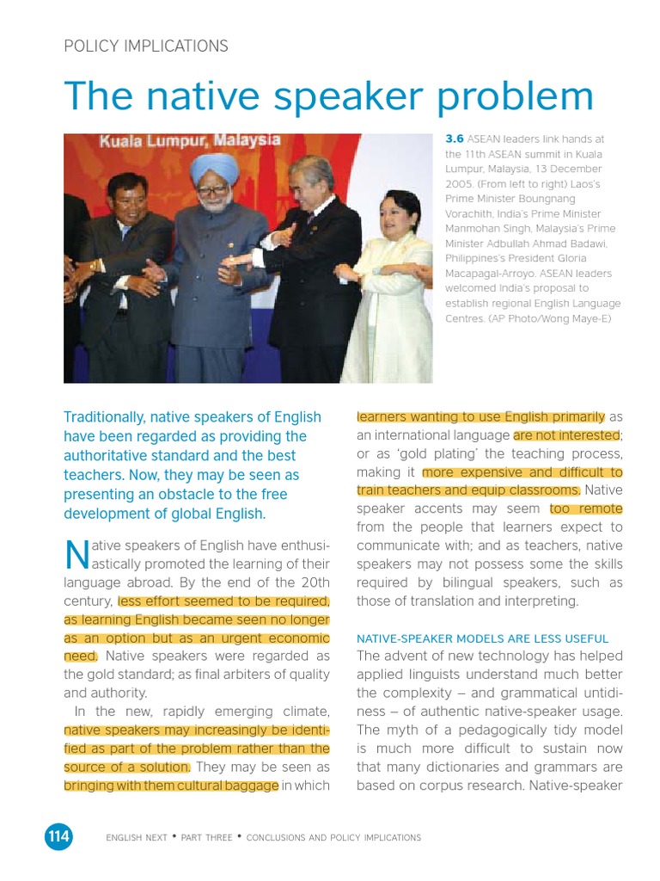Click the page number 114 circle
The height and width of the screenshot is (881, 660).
(58, 836)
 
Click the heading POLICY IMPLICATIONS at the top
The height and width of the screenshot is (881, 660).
(146, 46)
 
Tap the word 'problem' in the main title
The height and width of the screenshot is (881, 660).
(515, 96)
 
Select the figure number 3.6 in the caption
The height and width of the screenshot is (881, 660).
(455, 139)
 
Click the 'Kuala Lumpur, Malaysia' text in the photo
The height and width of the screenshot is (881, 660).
(189, 140)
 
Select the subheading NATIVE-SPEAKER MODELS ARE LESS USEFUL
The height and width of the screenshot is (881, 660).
(482, 638)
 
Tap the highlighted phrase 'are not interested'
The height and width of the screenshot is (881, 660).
(566, 435)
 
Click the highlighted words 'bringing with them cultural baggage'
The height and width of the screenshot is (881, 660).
(171, 785)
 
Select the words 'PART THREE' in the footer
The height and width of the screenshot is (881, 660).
(206, 837)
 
